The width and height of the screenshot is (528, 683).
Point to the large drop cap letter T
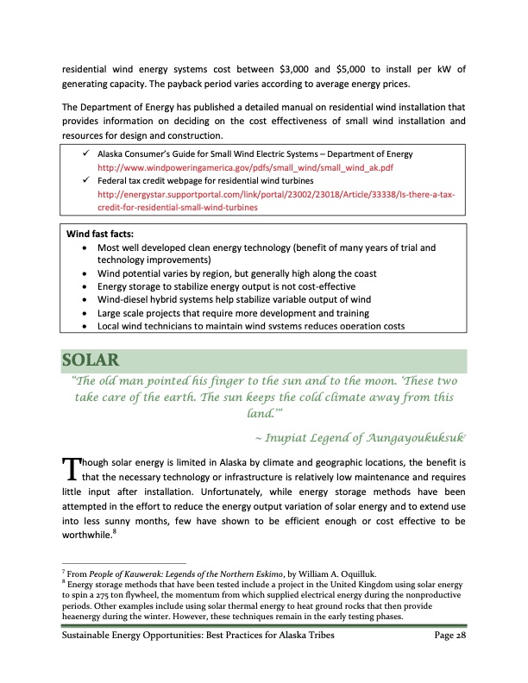[72, 468]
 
